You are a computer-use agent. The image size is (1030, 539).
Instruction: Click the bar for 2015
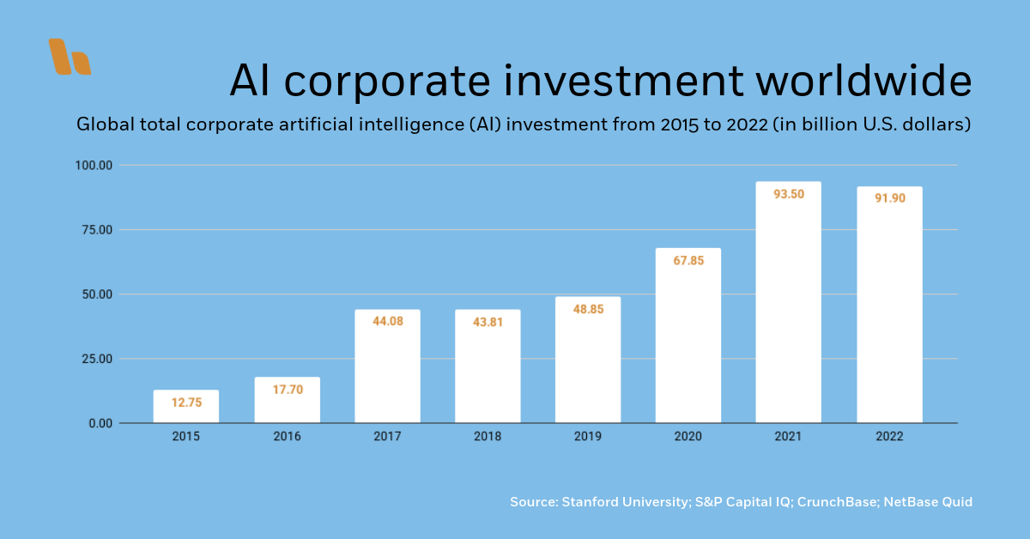click(186, 406)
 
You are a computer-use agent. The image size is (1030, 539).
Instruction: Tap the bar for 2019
click(588, 360)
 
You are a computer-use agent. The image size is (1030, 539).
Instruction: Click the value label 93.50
click(788, 194)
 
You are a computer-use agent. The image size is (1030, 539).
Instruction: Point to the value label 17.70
click(287, 390)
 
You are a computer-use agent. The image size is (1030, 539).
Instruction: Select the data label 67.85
click(688, 261)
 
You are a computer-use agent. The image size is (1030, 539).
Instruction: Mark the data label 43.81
click(488, 322)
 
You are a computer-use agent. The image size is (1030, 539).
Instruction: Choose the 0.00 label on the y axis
click(98, 423)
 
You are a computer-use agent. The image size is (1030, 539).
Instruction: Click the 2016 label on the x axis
click(287, 437)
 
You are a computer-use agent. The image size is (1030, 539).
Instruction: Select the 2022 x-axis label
click(889, 437)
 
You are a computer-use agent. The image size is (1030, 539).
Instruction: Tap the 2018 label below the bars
click(488, 437)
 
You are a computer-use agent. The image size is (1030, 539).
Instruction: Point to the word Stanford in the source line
click(591, 502)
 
